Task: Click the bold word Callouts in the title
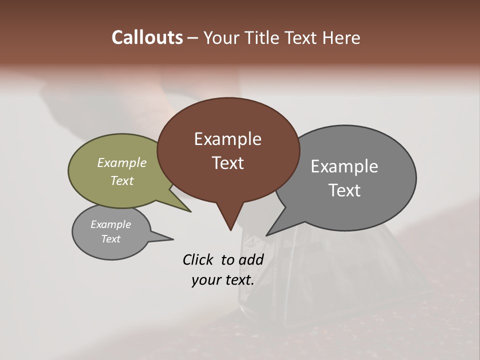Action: tap(147, 37)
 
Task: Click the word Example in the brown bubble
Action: tap(227, 139)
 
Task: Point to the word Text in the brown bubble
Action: tap(227, 163)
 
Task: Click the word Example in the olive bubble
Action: tap(122, 162)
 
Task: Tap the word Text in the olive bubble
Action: tap(122, 180)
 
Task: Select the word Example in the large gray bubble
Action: tap(344, 166)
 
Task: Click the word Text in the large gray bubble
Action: tap(344, 190)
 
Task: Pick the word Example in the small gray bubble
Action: tap(110, 224)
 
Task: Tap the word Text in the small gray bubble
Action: tap(110, 239)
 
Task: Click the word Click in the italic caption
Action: tap(198, 259)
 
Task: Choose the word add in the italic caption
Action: tap(251, 259)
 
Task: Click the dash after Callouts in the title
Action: tap(192, 38)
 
